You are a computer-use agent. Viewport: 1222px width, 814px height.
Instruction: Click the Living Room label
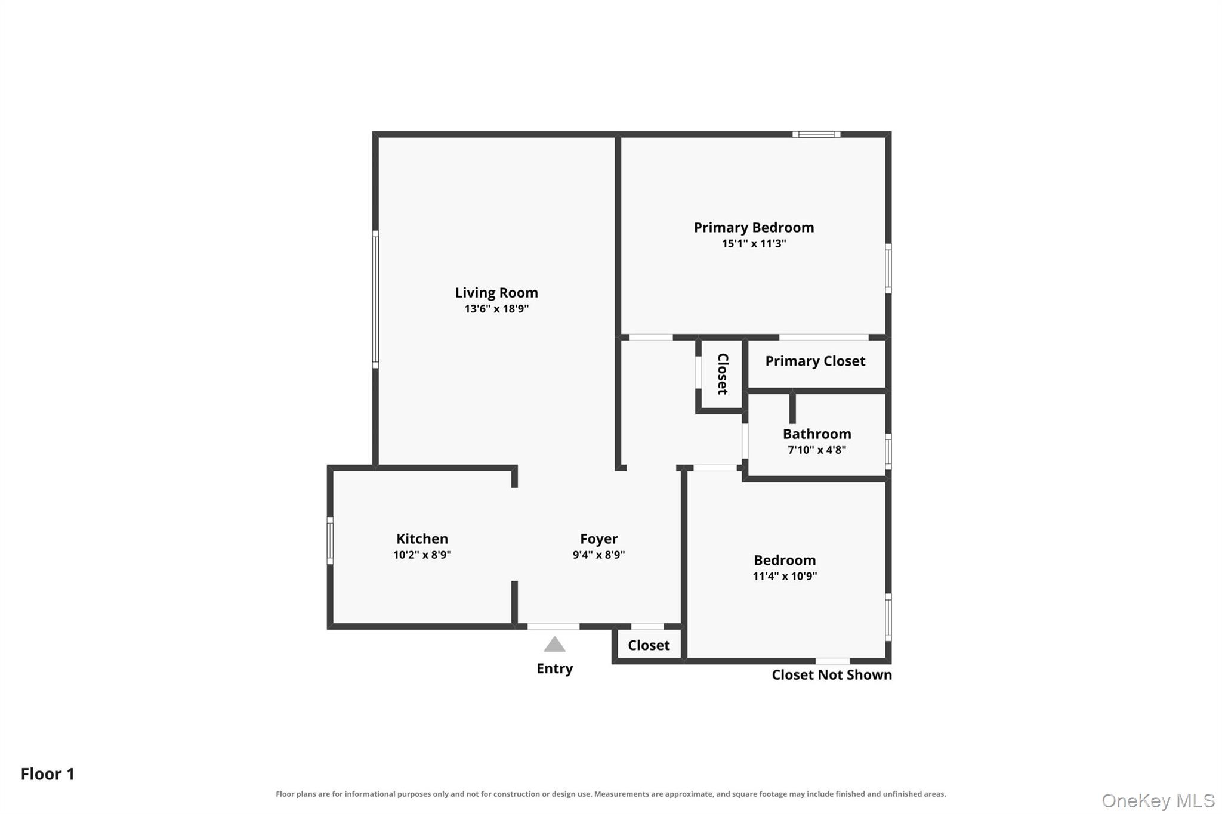[496, 293]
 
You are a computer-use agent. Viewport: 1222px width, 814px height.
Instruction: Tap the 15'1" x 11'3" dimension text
[754, 243]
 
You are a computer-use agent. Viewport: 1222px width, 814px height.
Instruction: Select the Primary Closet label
[815, 361]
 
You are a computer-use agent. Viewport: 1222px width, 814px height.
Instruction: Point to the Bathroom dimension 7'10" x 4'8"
[817, 450]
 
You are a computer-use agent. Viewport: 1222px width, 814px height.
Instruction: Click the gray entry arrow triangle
[554, 644]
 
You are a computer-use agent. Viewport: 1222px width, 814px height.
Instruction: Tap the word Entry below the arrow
[554, 668]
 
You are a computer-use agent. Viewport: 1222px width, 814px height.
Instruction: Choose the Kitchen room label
[422, 538]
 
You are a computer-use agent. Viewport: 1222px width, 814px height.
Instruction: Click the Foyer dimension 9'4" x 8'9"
[598, 555]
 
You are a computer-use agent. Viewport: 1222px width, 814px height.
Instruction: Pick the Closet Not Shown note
[832, 675]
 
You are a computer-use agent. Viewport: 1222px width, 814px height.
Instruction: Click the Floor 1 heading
[48, 774]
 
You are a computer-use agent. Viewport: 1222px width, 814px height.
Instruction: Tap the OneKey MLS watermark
[1158, 800]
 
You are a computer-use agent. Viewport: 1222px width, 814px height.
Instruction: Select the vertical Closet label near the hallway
[722, 374]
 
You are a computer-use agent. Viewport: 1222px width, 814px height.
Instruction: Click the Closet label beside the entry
[649, 645]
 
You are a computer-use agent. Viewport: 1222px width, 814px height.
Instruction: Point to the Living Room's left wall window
[375, 299]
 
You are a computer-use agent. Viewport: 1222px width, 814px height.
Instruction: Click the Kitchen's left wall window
[330, 540]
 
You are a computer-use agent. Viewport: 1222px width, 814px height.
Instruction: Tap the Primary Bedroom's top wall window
[816, 134]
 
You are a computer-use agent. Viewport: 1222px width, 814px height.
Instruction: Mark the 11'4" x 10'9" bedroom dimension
[785, 576]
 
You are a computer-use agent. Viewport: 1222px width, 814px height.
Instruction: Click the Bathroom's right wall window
[888, 451]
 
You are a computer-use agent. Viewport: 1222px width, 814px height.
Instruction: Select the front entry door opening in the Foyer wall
[553, 626]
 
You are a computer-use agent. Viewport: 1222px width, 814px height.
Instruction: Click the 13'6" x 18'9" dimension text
[496, 309]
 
